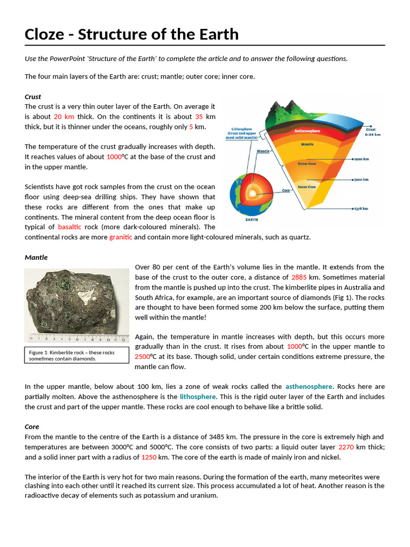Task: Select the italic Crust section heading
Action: click(x=33, y=97)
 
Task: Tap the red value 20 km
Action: click(x=64, y=116)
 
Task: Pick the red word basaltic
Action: click(x=69, y=227)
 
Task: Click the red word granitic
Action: click(x=120, y=237)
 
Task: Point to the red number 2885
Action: click(x=298, y=277)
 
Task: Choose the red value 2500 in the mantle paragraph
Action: click(x=143, y=357)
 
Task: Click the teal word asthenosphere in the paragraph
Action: click(x=309, y=387)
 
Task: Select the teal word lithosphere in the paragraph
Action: click(x=198, y=397)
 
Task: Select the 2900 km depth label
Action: click(x=362, y=159)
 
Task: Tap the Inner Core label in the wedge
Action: click(x=307, y=187)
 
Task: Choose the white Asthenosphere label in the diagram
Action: click(x=307, y=130)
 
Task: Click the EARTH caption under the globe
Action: click(x=251, y=220)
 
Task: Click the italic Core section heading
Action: click(x=32, y=427)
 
